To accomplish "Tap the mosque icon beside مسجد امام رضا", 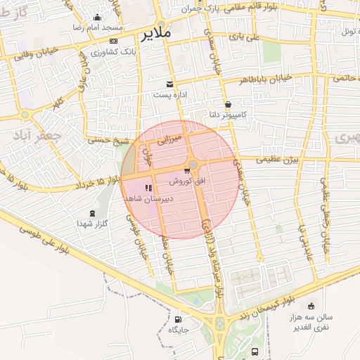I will click(x=97, y=18).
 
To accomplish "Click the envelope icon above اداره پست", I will click(x=169, y=84).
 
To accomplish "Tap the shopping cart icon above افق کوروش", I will click(x=186, y=171).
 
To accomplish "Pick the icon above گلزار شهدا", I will click(x=92, y=213).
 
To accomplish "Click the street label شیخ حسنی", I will click(x=108, y=141).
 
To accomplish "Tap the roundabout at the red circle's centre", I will click(x=193, y=165).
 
